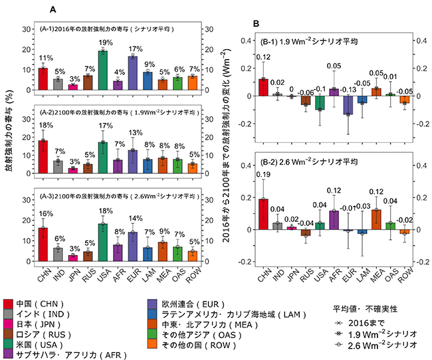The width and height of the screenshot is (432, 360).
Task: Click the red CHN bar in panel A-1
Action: coord(43,79)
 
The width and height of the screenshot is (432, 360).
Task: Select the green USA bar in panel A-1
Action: coord(103,70)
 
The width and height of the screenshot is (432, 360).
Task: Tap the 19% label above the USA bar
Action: coord(103,43)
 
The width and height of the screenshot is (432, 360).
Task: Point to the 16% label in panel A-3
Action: coord(43,214)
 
